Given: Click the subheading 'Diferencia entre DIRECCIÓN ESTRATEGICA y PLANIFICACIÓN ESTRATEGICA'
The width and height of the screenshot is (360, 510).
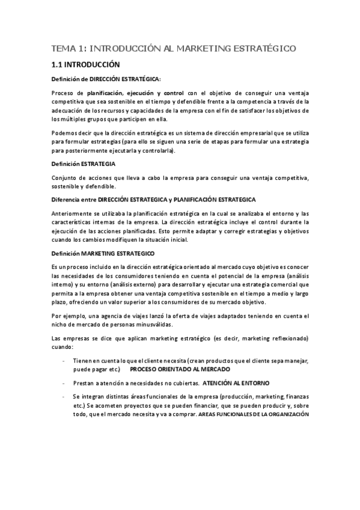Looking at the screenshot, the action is click(154, 199).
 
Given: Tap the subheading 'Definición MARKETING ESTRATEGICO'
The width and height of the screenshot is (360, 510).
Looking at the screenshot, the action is click(103, 254).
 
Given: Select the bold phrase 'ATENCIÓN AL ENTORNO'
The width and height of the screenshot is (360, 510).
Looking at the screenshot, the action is click(236, 382).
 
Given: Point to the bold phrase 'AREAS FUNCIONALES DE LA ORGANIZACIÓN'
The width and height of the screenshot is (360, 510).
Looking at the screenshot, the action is click(259, 414).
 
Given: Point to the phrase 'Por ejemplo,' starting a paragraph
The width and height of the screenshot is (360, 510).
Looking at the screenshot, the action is click(69, 316).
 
